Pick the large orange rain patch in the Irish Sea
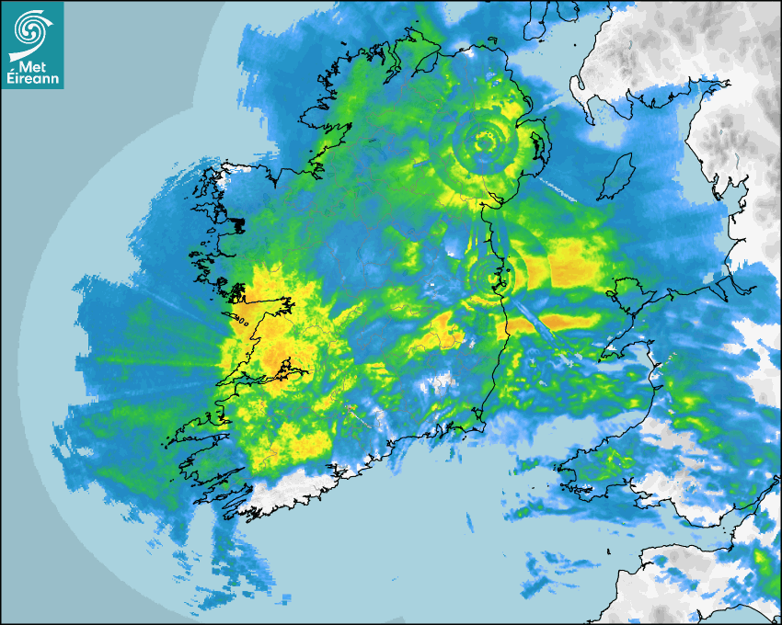[570, 259]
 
